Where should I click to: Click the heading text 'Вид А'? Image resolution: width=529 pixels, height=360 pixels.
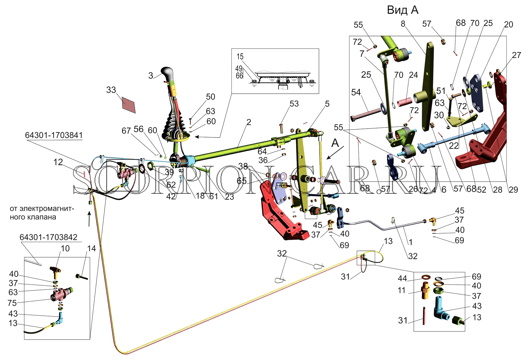pyautogui.click(x=403, y=10)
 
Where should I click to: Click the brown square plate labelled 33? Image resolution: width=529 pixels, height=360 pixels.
pyautogui.click(x=129, y=105)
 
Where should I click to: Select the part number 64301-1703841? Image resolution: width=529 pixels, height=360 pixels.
pyautogui.click(x=54, y=135)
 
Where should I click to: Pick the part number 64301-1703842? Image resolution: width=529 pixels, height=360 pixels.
pyautogui.click(x=48, y=237)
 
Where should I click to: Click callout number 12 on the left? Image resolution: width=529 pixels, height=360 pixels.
pyautogui.click(x=58, y=162)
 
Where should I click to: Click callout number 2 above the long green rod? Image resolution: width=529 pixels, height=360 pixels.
pyautogui.click(x=249, y=122)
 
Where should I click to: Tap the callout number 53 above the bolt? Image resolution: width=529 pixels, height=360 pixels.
pyautogui.click(x=294, y=104)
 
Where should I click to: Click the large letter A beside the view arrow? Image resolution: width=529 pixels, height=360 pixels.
pyautogui.click(x=335, y=143)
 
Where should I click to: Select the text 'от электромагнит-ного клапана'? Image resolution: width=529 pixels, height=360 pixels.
pyautogui.click(x=42, y=213)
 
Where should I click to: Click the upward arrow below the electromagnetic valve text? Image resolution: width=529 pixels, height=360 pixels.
pyautogui.click(x=89, y=219)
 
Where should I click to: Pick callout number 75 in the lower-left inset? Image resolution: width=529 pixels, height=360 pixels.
pyautogui.click(x=12, y=303)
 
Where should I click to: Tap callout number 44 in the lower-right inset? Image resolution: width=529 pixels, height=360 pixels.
pyautogui.click(x=402, y=278)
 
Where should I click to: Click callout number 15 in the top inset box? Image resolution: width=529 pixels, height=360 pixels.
pyautogui.click(x=240, y=57)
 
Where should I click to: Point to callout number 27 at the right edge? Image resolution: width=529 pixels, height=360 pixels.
pyautogui.click(x=517, y=55)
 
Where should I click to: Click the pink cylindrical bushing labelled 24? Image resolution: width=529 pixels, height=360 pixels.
pyautogui.click(x=405, y=102)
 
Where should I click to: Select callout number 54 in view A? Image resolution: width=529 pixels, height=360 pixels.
pyautogui.click(x=356, y=92)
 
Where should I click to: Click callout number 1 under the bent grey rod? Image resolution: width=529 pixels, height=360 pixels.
pyautogui.click(x=411, y=242)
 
